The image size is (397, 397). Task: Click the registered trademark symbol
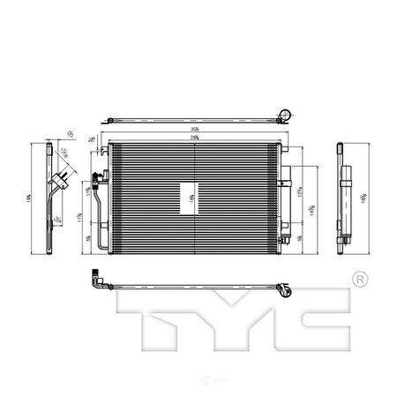click(x=359, y=280)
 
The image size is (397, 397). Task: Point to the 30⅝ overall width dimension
click(x=192, y=131)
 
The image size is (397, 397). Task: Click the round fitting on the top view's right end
click(x=285, y=114)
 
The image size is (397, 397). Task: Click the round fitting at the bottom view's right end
click(x=284, y=288)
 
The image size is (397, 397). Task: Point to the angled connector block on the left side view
click(x=61, y=184)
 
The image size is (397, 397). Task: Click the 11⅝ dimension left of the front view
click(x=80, y=215)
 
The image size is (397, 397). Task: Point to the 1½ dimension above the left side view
click(x=69, y=134)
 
